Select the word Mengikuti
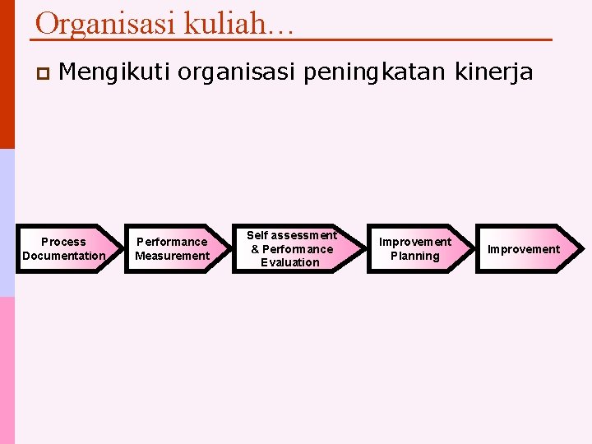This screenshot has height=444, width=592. point(114,73)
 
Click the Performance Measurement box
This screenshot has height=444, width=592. point(174,248)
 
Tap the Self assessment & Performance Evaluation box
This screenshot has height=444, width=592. point(292,248)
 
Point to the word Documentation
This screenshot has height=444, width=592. point(64,256)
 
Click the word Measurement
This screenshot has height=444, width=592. point(172,256)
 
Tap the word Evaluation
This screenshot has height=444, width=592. point(289,262)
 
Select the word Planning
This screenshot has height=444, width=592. point(414,256)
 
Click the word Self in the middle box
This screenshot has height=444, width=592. point(257,235)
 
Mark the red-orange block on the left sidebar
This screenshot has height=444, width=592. point(7,74)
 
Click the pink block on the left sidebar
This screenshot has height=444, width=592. point(7,370)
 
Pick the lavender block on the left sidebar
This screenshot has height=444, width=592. point(7,222)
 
